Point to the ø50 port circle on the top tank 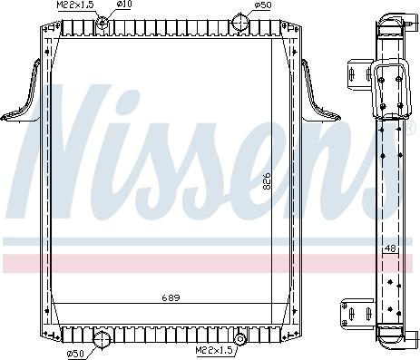click(x=240, y=21)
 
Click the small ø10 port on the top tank click(x=103, y=20)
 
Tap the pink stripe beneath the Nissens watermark click(x=181, y=263)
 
